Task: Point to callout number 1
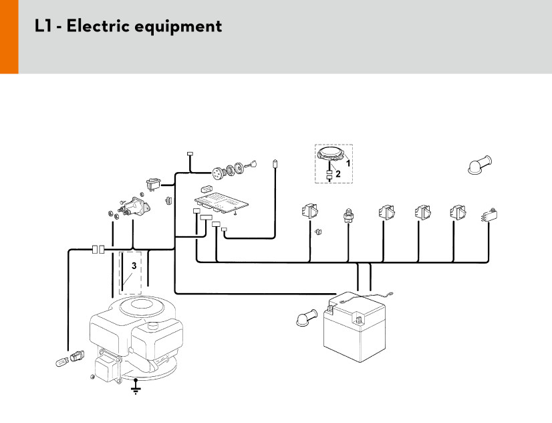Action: coord(348,163)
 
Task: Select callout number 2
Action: coord(338,173)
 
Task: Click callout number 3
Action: coord(134,266)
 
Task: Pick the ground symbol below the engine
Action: coord(136,388)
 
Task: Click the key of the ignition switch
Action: coord(251,163)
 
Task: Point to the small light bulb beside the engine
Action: coord(61,361)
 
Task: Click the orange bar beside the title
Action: coord(9,37)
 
